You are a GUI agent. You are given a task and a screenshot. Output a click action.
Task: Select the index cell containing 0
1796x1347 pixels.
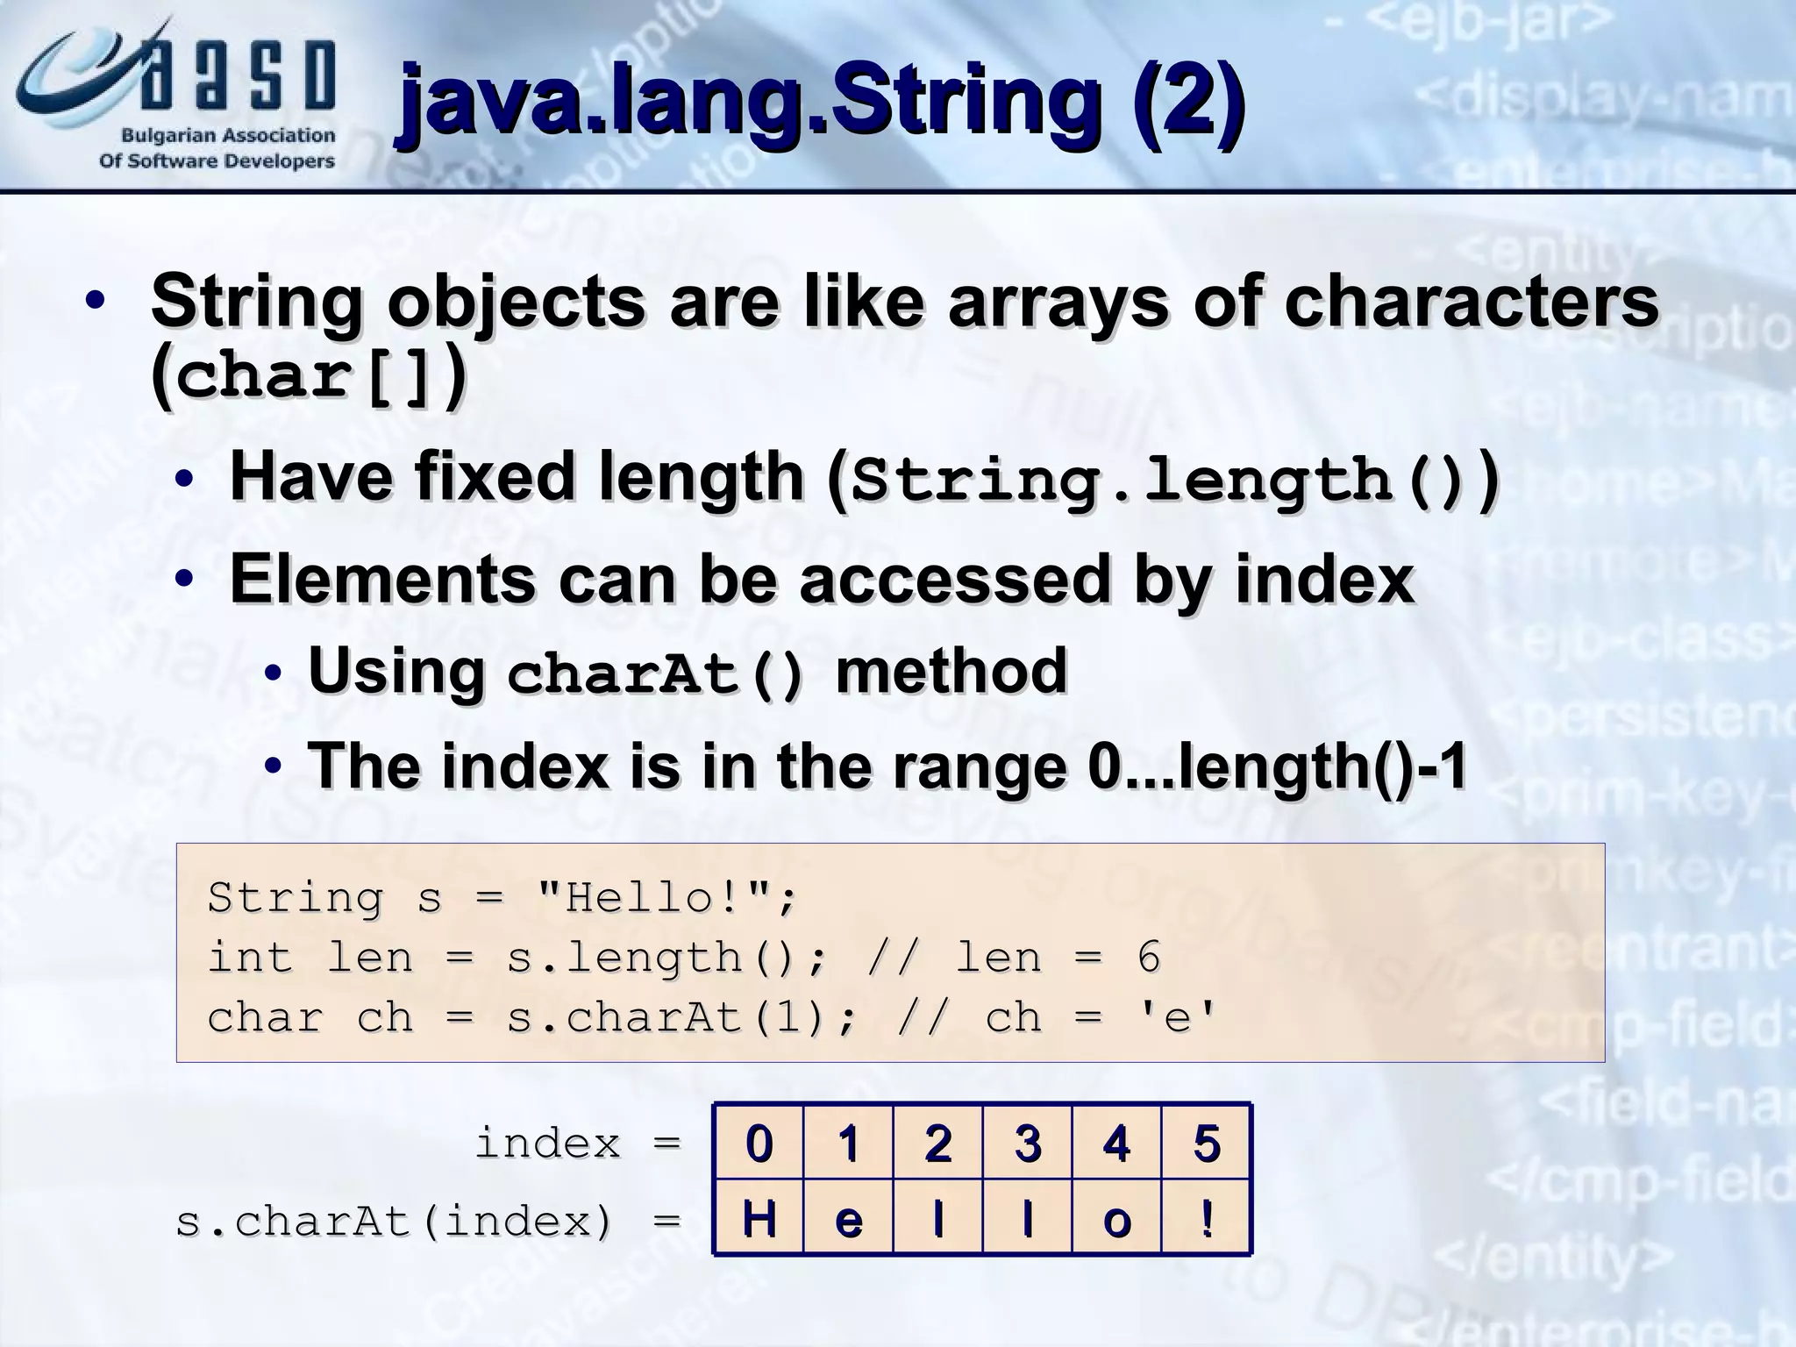759,1143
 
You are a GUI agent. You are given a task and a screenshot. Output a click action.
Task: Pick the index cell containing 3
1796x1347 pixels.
1027,1143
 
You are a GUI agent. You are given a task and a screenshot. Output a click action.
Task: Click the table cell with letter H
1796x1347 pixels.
759,1218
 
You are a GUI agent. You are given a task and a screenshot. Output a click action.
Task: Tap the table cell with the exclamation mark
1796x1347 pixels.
1207,1218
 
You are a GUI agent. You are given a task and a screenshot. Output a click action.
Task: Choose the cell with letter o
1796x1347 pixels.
1116,1218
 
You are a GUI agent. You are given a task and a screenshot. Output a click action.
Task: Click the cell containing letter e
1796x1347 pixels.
849,1218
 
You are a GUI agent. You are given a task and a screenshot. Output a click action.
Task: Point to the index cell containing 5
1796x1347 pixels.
1207,1143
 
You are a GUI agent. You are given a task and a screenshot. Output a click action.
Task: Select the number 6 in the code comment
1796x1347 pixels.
1148,957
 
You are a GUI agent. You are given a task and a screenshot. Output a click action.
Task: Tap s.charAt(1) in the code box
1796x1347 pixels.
668,1017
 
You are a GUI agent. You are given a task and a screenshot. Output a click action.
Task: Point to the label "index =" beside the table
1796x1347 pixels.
578,1144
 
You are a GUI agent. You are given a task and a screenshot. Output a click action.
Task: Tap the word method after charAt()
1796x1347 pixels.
951,671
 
